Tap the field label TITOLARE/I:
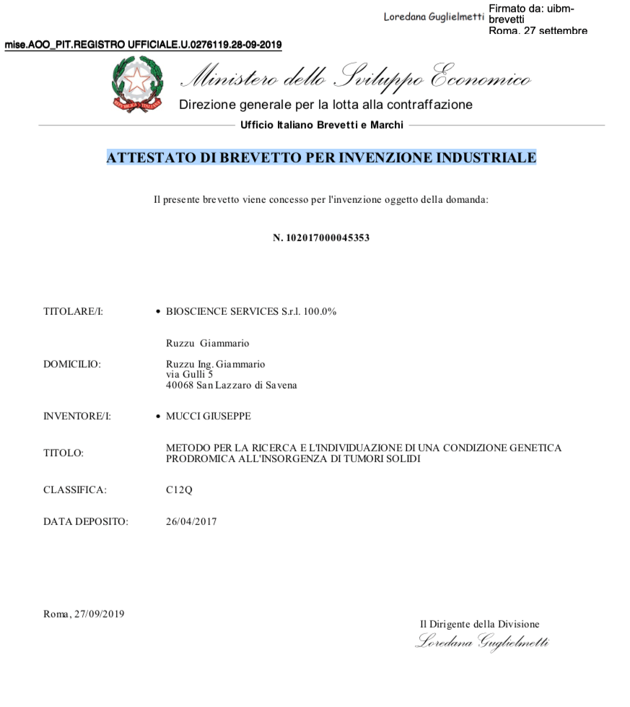73,312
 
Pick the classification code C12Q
179,490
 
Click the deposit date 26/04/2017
191,521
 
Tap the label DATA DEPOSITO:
85,521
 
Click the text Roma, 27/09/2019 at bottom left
84,614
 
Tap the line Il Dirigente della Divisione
479,624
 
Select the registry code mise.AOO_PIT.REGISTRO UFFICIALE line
143,45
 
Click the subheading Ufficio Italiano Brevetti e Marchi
322,125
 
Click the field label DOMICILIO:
72,364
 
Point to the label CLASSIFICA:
74,490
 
